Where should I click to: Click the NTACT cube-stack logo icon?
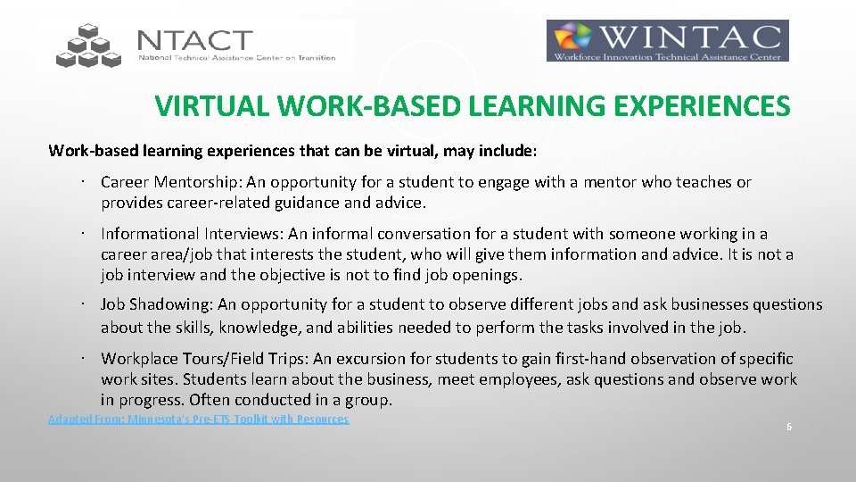pos(87,46)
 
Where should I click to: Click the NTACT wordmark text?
pos(195,41)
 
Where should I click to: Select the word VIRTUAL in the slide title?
pos(211,107)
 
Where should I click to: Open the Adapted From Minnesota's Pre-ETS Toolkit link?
pos(198,419)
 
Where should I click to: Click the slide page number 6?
pos(788,427)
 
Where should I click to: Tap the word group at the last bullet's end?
pos(369,399)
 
